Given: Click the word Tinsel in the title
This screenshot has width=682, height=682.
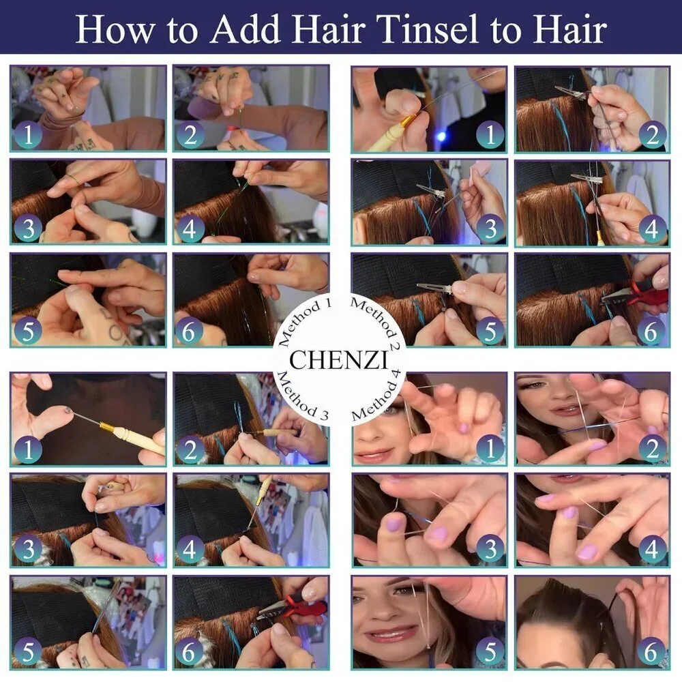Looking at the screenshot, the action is click(428, 29).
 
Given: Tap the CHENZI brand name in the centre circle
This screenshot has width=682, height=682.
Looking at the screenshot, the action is click(338, 360).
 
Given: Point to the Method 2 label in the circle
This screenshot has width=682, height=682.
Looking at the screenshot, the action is click(375, 321).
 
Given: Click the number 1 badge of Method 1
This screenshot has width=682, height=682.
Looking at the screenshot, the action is click(28, 134).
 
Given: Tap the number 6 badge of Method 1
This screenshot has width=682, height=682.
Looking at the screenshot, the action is click(188, 332).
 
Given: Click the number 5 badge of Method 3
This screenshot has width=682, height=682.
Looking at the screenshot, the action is click(28, 651).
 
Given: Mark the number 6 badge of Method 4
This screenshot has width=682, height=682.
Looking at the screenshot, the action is click(651, 651).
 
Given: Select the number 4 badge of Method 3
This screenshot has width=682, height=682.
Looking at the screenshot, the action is click(188, 549).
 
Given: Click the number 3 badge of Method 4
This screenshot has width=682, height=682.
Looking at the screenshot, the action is click(490, 549).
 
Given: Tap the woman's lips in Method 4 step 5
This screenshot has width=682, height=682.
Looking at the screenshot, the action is click(385, 636).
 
